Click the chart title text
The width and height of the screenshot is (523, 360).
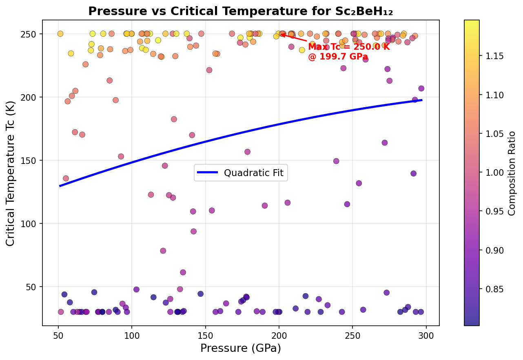(x=241, y=11)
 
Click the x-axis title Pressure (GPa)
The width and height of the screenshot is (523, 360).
(x=241, y=348)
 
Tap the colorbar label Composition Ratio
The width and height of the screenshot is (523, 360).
(x=512, y=173)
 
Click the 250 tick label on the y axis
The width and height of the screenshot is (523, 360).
(x=32, y=34)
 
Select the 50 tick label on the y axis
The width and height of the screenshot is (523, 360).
(x=33, y=287)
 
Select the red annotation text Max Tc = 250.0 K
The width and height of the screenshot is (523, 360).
(x=349, y=47)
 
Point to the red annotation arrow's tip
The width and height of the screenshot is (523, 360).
(x=281, y=34)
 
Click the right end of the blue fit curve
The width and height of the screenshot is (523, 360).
(x=421, y=100)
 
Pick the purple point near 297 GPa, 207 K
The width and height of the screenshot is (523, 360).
(x=421, y=88)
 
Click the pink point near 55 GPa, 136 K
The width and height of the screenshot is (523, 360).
(x=66, y=179)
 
